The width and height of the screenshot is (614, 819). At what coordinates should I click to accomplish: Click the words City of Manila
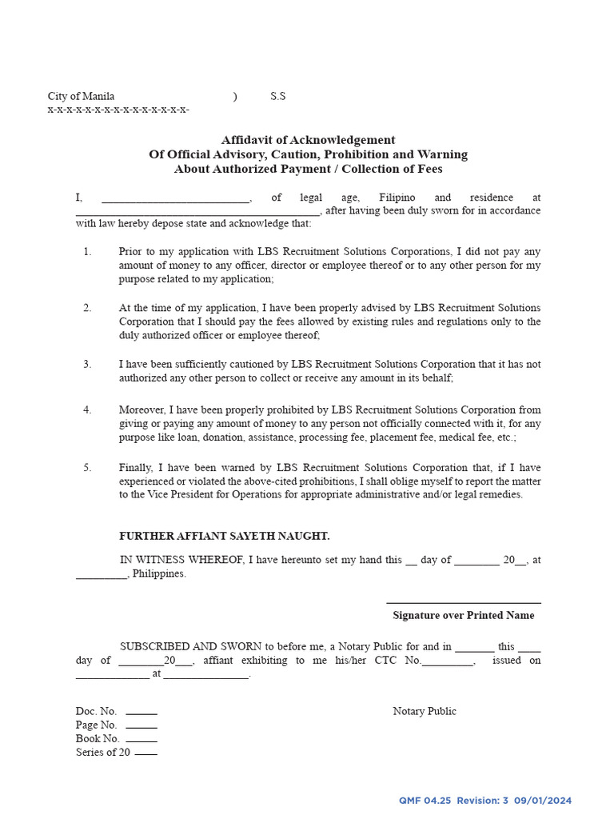[x=81, y=96]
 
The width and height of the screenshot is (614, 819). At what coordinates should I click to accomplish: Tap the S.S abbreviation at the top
[x=277, y=96]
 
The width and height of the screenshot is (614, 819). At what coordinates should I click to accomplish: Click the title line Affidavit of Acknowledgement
[x=308, y=140]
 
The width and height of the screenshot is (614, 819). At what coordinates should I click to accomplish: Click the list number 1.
[x=87, y=252]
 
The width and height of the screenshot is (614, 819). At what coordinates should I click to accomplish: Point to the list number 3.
[x=87, y=364]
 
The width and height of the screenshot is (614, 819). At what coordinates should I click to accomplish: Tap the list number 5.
[x=87, y=468]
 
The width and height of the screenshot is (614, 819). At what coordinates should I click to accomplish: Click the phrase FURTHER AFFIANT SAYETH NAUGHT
[x=224, y=537]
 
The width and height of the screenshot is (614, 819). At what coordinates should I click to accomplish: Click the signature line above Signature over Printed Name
[x=463, y=602]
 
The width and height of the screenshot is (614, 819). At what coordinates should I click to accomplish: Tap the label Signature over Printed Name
[x=463, y=615]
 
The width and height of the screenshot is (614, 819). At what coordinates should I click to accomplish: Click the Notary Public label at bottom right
[x=425, y=711]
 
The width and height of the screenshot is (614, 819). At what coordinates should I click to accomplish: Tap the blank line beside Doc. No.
[x=142, y=713]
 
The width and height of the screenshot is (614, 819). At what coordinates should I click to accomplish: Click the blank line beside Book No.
[x=142, y=740]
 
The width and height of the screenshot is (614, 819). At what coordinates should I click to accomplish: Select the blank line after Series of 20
[x=146, y=753]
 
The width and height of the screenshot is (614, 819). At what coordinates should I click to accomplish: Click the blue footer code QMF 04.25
[x=425, y=801]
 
